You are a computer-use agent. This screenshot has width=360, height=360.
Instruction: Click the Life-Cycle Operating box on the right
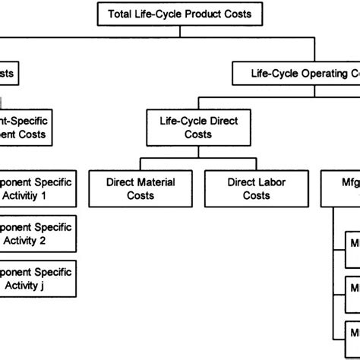[x=296, y=74]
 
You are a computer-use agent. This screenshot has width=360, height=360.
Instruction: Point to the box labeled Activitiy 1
[x=38, y=188]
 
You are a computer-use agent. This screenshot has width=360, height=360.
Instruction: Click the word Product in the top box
[x=208, y=14]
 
